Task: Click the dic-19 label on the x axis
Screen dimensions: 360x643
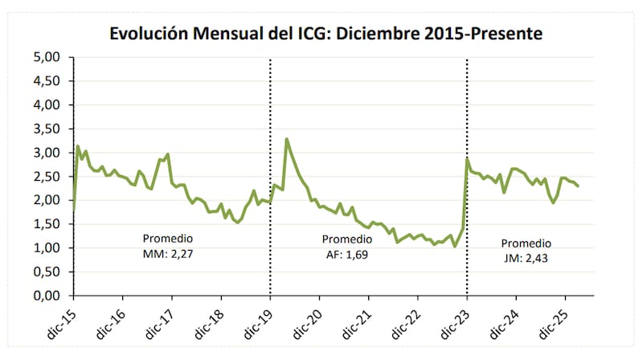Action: point(258,322)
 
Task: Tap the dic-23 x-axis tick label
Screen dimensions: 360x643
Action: point(456,322)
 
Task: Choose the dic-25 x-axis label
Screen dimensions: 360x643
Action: point(555,322)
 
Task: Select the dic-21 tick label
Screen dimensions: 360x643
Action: point(357,322)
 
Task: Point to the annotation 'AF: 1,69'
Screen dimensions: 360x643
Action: point(346,255)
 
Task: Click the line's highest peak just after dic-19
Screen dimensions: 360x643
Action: point(287,139)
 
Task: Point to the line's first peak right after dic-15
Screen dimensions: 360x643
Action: point(78,146)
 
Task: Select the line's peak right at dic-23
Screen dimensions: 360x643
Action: point(468,158)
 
